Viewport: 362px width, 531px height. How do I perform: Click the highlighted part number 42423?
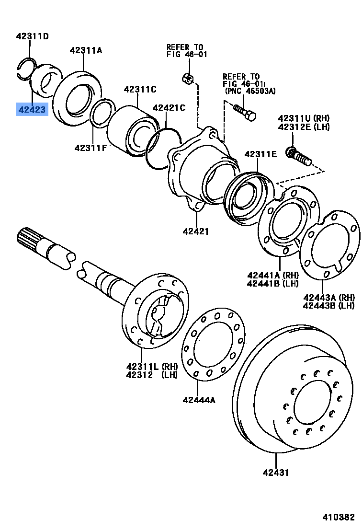click(x=32, y=110)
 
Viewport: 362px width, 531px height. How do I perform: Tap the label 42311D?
click(x=32, y=36)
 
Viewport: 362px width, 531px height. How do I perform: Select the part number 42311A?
click(x=86, y=50)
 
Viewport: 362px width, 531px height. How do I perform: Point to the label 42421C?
click(x=169, y=108)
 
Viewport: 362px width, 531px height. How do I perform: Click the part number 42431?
click(x=275, y=473)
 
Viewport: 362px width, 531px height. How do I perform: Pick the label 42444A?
click(x=198, y=400)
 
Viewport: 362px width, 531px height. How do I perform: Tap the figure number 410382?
click(x=338, y=518)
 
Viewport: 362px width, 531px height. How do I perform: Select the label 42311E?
click(x=260, y=154)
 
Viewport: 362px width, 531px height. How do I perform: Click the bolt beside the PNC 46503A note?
click(x=245, y=112)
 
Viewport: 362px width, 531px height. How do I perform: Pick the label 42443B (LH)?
click(x=328, y=305)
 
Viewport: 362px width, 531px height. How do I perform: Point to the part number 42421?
click(x=195, y=232)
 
